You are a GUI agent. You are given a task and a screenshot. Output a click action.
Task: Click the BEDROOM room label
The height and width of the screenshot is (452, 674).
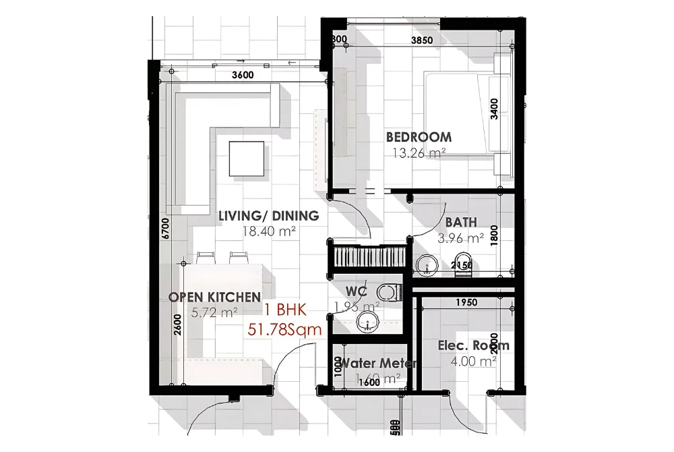pos(419,137)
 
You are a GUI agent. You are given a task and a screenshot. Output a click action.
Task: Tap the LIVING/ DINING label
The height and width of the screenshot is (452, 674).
pos(268,217)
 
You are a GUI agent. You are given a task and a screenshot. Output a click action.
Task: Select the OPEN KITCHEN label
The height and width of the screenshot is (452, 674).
pos(214,297)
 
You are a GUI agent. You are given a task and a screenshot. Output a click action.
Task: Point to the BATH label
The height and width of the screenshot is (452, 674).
pos(461,222)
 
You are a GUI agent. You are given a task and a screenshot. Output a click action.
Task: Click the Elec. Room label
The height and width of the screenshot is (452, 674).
pos(473,345)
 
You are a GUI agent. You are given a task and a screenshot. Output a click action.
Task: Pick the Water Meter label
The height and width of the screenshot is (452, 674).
pos(377,363)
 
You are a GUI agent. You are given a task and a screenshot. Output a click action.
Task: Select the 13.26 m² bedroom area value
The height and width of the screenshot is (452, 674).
pos(419,152)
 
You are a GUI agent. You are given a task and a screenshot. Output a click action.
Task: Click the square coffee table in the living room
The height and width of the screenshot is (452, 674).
pos(246,158)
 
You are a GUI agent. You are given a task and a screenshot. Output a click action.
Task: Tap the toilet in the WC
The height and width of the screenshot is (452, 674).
pos(388,293)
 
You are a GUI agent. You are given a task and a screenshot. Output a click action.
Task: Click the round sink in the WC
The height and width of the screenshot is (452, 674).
pos(367,321)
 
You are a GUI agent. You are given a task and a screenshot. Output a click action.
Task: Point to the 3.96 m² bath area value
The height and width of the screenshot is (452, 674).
pos(461,237)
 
